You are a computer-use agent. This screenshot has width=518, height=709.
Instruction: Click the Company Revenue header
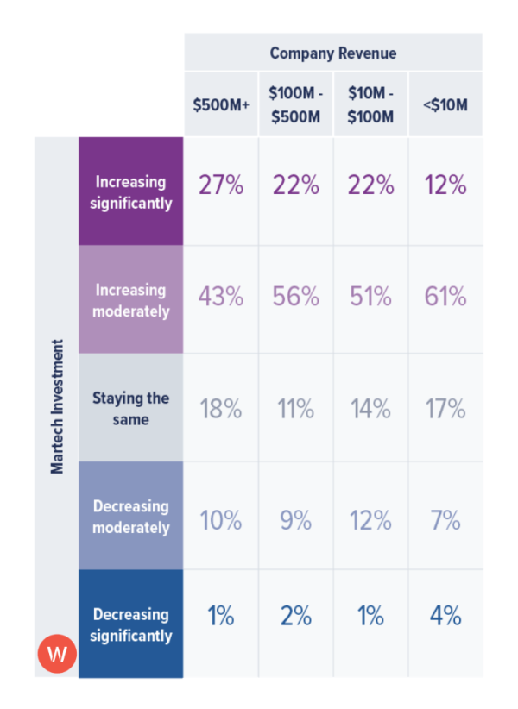click(333, 53)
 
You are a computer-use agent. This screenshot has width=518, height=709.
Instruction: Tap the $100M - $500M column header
click(295, 105)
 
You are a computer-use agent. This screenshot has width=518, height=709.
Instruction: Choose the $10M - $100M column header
click(370, 105)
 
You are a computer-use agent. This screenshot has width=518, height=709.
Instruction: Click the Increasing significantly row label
click(131, 192)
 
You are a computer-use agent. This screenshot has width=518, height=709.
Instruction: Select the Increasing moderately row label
click(131, 300)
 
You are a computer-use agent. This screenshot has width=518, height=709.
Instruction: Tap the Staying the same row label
click(131, 409)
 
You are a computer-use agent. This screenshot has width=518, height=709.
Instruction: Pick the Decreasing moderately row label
click(131, 517)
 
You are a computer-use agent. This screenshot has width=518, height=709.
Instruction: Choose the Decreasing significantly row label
click(131, 625)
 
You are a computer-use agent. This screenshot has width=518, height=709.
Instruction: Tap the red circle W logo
click(57, 654)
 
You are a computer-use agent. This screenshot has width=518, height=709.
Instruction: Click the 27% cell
click(221, 185)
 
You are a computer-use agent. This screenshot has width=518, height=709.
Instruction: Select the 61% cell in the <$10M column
click(445, 297)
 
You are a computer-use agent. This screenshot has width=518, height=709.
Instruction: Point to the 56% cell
click(295, 297)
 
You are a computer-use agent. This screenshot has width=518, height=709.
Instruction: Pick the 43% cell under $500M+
click(221, 297)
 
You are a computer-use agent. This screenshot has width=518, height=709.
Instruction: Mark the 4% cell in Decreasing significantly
click(445, 617)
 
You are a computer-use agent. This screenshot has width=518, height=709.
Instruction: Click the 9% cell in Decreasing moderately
click(295, 521)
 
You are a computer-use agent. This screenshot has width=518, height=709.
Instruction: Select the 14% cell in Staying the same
click(370, 409)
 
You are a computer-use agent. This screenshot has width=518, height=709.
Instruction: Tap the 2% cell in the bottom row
click(295, 617)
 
